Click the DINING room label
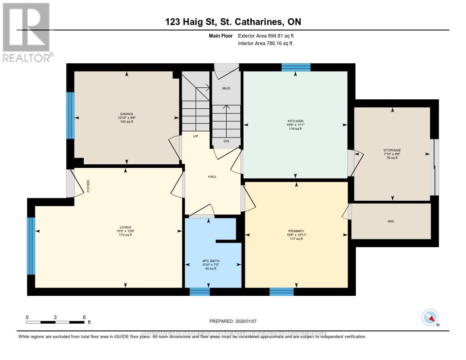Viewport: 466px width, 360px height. [x=127, y=114]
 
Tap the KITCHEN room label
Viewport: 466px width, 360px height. [x=295, y=121]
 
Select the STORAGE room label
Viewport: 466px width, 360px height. [x=392, y=150]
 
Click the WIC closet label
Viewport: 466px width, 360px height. [x=390, y=221]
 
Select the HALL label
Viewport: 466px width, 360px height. [x=212, y=176]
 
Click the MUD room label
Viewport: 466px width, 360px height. [x=226, y=88]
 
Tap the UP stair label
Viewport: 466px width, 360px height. [x=196, y=137]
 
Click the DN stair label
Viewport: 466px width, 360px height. [x=226, y=142]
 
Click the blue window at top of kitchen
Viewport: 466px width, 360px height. [x=296, y=67]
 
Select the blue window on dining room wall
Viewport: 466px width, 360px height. [x=70, y=116]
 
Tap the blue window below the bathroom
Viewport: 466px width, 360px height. [x=199, y=292]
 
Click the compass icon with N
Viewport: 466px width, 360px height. [x=430, y=317]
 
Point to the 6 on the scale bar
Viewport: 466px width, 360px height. [x=84, y=317]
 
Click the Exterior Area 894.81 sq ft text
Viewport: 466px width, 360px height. [x=268, y=35]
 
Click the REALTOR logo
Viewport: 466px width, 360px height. [x=26, y=32]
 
